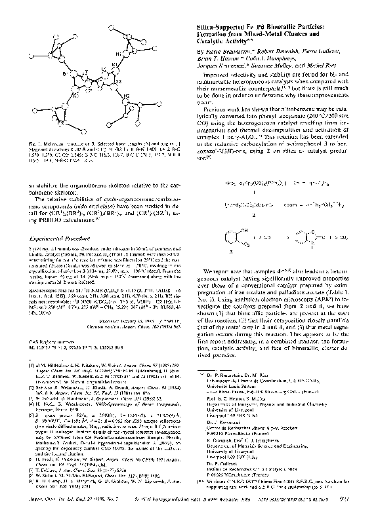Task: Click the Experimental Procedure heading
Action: (66, 241)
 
